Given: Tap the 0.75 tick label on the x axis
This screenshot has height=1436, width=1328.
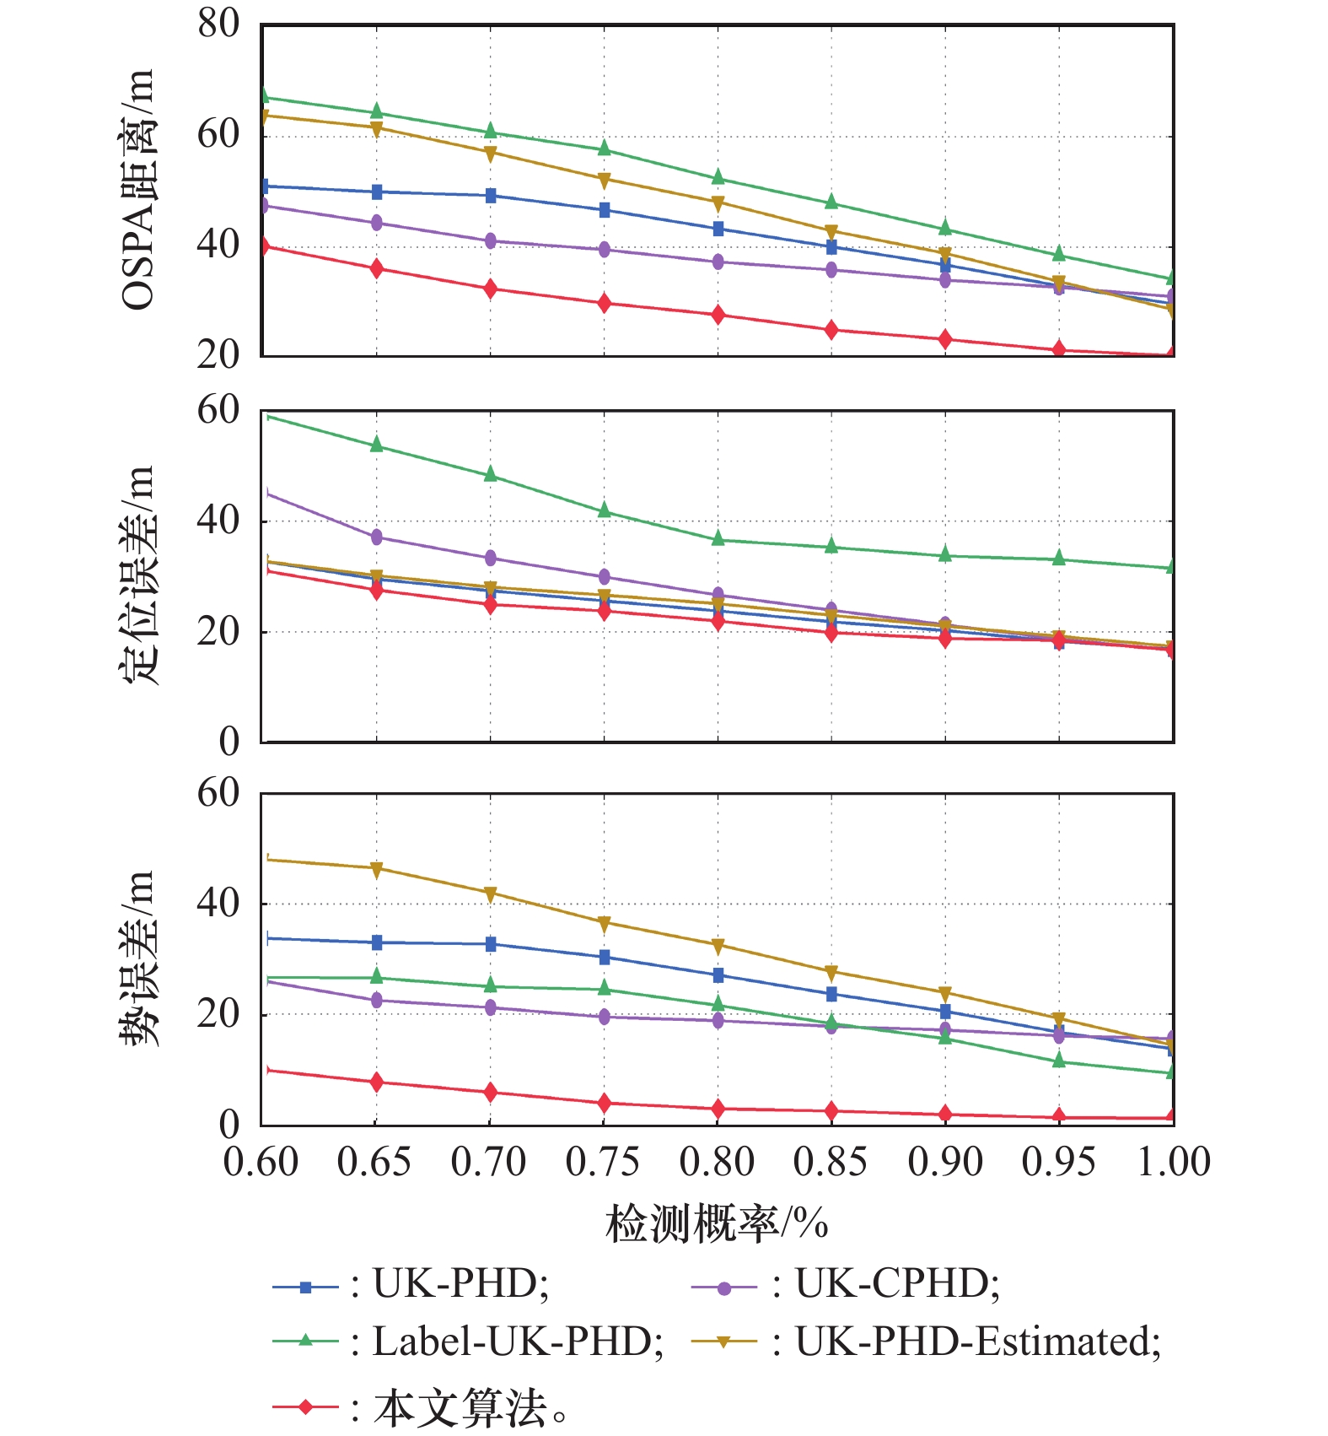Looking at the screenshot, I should click(603, 1163).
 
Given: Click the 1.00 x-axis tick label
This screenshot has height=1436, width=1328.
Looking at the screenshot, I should click(1173, 1163).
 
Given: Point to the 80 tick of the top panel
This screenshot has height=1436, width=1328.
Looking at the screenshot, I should click(218, 24).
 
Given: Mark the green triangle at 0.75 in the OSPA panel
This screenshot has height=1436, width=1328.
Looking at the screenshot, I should click(604, 148).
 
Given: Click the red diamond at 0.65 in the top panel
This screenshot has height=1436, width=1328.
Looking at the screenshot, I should click(376, 268).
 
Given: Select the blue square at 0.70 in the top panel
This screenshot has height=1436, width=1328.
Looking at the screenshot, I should click(490, 196).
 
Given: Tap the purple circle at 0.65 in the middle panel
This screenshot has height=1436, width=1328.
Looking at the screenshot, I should click(376, 537).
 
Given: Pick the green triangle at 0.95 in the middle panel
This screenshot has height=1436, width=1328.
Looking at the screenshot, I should click(1059, 559).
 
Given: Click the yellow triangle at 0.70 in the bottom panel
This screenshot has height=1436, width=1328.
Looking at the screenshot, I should click(490, 893).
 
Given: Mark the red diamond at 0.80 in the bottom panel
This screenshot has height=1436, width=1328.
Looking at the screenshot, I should click(718, 1108).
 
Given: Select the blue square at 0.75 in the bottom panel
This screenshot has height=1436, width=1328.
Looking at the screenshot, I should click(604, 957).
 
